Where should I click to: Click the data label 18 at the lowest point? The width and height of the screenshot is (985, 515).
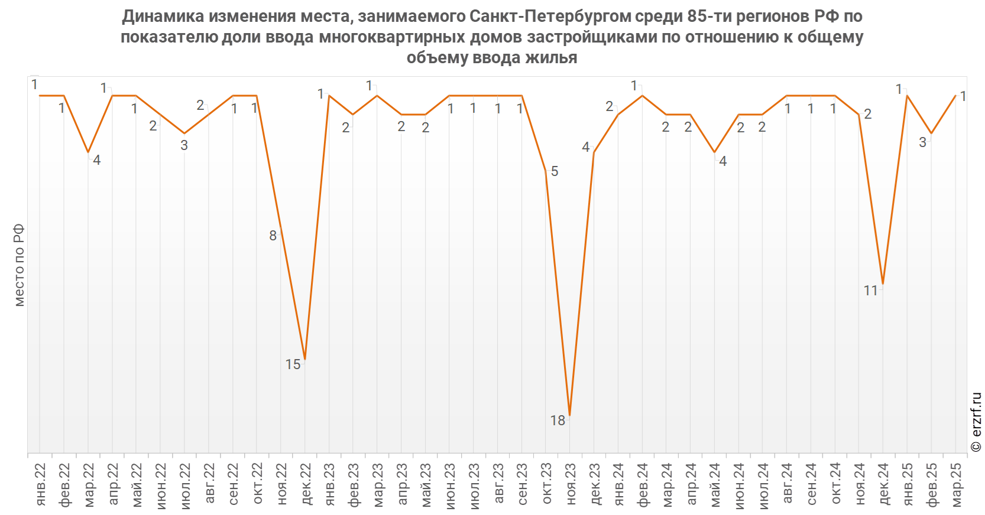coord(558,420)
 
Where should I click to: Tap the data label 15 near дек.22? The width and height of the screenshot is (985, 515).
coord(293,364)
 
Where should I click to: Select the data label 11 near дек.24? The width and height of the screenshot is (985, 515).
coord(870,291)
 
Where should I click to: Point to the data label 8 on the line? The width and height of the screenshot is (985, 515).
coord(273,236)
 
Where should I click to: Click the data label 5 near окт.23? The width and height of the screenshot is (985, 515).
coord(555,171)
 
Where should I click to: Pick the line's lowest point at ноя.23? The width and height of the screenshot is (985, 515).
coord(569,415)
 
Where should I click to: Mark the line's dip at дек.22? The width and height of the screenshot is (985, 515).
coord(304,359)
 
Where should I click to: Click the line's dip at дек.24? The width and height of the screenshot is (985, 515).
coord(883,284)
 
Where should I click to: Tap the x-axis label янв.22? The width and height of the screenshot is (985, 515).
coord(41,484)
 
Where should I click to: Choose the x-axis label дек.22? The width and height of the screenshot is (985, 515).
coord(306,484)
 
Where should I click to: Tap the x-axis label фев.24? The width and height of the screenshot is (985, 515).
coord(643,484)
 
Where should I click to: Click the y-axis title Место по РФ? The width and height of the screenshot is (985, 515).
coord(19,265)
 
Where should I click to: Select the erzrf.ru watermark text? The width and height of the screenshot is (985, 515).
coord(976,422)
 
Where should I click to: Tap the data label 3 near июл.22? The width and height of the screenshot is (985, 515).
coord(184,145)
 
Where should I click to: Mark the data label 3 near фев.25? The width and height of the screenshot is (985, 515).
coord(922,142)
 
